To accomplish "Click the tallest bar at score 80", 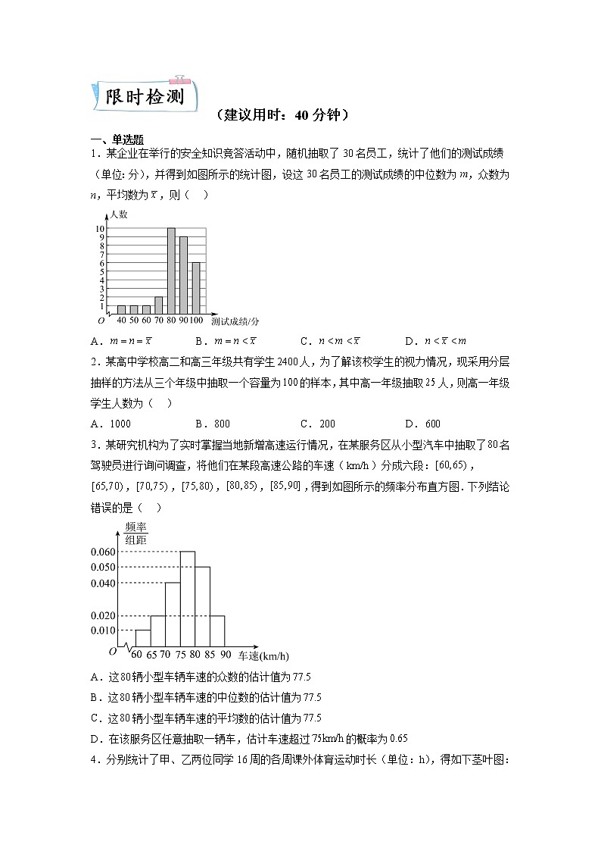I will point(171,271).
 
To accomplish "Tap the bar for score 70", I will point(159,305).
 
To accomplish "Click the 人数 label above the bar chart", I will point(118,214).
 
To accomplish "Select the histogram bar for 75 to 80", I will point(188,598).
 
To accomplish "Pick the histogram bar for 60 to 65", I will point(143,637).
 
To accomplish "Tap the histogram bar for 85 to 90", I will point(217,630).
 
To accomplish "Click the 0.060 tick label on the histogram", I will point(103,552).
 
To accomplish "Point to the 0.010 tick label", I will point(103,630).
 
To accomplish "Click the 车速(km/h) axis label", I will point(263,655).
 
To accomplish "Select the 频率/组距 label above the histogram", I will point(135,533).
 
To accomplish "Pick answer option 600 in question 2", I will point(432,424).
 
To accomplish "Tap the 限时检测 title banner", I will point(144,97).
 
